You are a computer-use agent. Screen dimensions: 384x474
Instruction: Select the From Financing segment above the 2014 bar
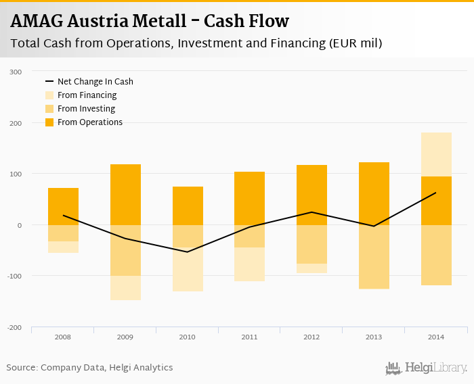click(436, 154)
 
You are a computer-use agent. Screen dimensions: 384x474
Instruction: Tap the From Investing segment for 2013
click(374, 257)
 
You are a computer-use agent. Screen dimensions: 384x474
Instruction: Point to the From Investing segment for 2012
click(311, 244)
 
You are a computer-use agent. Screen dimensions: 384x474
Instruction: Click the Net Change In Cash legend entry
click(95, 82)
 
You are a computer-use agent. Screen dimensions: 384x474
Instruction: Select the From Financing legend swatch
click(49, 95)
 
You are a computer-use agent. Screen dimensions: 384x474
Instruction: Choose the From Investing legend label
click(86, 109)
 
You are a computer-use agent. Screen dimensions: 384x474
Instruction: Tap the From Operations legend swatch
click(49, 122)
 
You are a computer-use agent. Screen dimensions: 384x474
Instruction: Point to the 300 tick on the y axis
click(16, 72)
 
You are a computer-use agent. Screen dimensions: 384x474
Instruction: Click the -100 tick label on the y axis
click(15, 277)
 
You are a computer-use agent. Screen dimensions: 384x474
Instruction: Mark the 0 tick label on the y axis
click(20, 225)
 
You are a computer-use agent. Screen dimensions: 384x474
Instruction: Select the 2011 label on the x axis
click(249, 336)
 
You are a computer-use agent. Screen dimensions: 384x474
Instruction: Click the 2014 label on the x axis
click(435, 336)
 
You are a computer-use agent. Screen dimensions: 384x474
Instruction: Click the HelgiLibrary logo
click(427, 368)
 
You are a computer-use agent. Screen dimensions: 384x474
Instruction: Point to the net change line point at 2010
click(187, 252)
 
